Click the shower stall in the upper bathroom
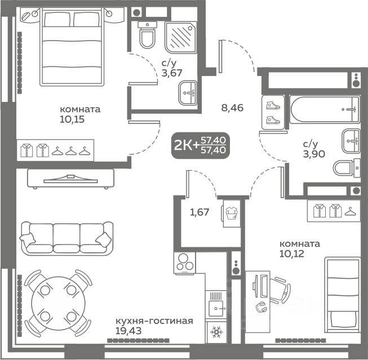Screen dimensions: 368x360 [x=181, y=37]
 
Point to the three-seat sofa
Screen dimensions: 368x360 [x=66, y=237]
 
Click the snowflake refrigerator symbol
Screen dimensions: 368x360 [x=216, y=332]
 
